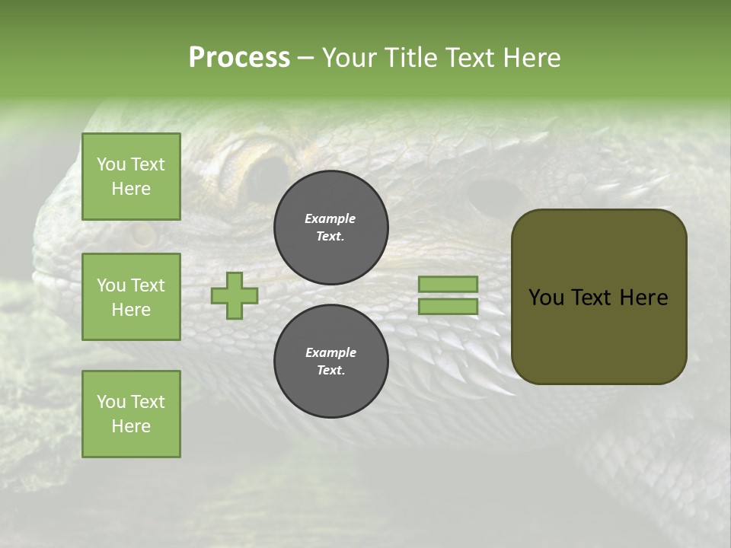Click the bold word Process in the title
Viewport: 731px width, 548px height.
[x=239, y=58]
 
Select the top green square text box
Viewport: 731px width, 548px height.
[x=131, y=177]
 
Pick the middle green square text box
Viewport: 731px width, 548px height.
[x=131, y=297]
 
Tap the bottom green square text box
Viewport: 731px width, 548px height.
[x=131, y=414]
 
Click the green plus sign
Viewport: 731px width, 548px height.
[x=235, y=295]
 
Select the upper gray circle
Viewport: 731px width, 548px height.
[x=331, y=228]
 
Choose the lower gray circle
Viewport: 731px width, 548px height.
[x=331, y=362]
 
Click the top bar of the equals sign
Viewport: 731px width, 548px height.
[x=448, y=284]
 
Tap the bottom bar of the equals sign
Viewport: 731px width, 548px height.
[x=448, y=307]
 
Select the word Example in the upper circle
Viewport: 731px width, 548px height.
[x=330, y=218]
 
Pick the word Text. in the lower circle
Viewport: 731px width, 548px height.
[x=330, y=371]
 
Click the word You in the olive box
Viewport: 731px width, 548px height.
[x=545, y=298]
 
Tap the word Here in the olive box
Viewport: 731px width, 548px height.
[x=644, y=298]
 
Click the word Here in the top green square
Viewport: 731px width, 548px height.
[x=131, y=189]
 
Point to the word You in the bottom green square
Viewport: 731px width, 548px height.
[x=111, y=402]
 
